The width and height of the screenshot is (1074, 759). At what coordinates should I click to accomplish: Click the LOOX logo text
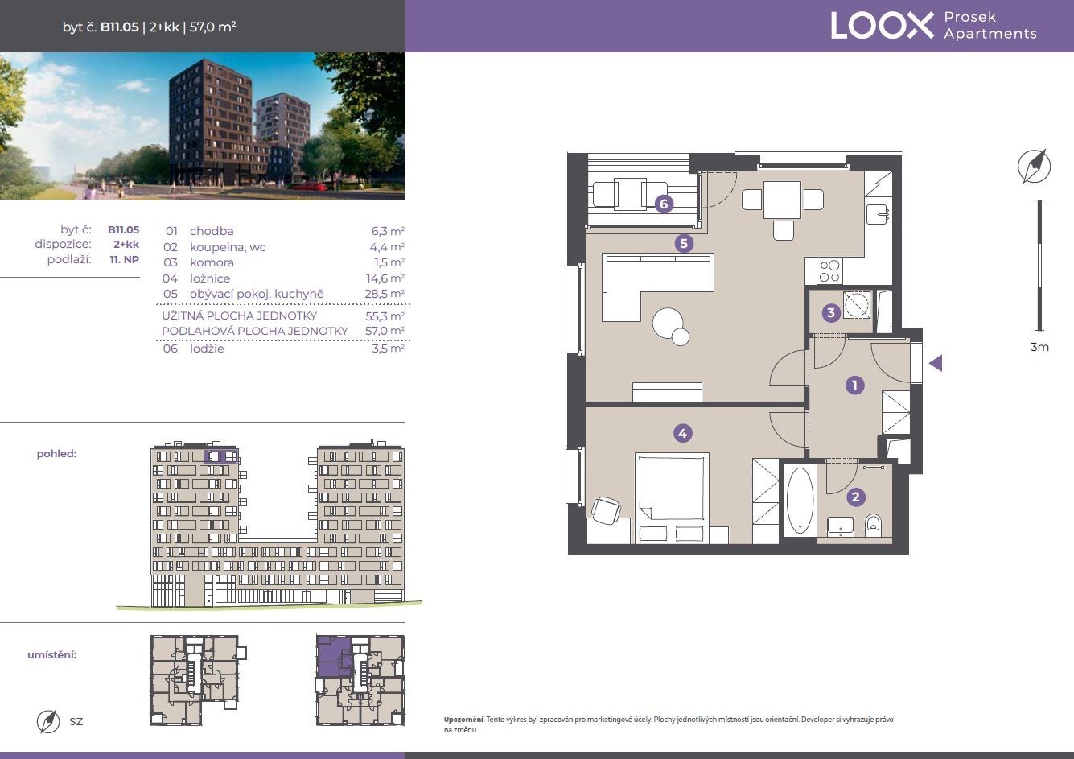(x=883, y=26)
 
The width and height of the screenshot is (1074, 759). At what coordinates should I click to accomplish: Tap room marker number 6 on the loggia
(x=664, y=204)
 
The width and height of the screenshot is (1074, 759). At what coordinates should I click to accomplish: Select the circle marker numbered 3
(x=831, y=313)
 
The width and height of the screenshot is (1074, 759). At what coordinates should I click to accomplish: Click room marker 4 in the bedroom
(x=683, y=434)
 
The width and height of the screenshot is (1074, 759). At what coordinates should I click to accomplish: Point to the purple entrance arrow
(x=936, y=363)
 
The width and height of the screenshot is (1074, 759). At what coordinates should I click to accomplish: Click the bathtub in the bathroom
(x=800, y=501)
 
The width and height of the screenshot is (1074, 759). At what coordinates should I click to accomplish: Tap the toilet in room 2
(x=873, y=526)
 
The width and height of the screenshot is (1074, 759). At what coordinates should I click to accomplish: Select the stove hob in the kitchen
(x=829, y=271)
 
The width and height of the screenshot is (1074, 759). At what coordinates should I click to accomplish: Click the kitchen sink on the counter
(x=879, y=214)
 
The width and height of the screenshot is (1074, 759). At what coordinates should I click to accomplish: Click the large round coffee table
(x=668, y=323)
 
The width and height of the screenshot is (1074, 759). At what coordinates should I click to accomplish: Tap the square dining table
(x=783, y=200)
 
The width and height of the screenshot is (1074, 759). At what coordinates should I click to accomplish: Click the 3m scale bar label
(x=1039, y=347)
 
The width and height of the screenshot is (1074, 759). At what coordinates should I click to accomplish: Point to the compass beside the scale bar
(x=1035, y=166)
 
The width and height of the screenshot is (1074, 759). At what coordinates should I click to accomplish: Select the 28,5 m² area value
(x=385, y=294)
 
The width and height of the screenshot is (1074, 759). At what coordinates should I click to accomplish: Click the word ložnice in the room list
(x=210, y=278)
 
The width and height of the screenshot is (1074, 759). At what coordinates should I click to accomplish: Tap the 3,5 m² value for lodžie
(x=388, y=349)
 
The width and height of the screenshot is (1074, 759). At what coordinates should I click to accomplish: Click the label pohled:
(x=56, y=454)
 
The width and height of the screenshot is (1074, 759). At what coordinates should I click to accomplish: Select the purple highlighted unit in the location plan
(x=333, y=655)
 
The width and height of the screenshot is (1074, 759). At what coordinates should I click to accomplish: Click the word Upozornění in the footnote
(x=463, y=720)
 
